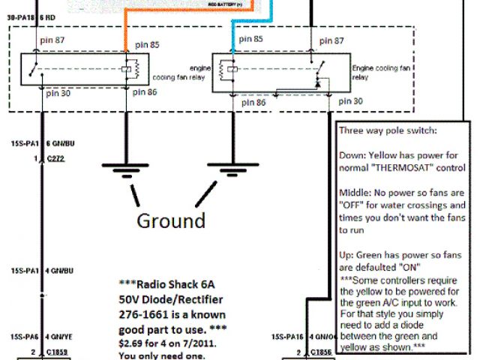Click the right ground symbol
[x=229, y=172]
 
